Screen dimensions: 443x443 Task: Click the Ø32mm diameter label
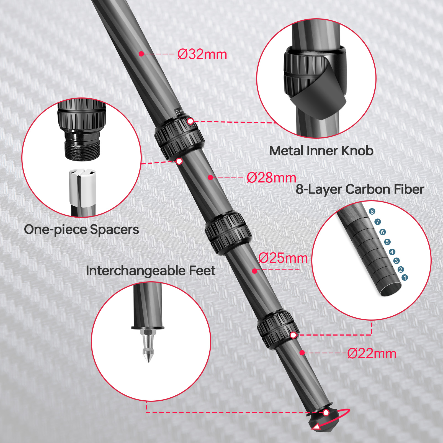point(202,54)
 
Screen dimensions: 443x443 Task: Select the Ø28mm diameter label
point(271,177)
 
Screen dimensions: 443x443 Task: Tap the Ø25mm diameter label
point(283,258)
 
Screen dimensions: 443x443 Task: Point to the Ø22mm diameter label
point(372,354)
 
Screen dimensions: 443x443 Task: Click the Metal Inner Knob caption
point(321,151)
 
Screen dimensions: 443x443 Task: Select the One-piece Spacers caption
point(81,230)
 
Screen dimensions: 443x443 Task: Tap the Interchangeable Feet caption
point(151,271)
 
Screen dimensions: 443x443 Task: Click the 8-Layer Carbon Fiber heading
point(360,189)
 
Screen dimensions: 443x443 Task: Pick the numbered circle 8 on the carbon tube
point(372,212)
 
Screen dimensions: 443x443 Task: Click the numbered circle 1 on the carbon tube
point(405,277)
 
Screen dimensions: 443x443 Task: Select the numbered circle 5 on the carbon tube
point(387,242)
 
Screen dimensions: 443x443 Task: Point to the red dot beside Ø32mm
point(141,54)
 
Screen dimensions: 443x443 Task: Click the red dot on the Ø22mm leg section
point(302,353)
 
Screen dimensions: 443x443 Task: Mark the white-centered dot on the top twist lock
point(190,121)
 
